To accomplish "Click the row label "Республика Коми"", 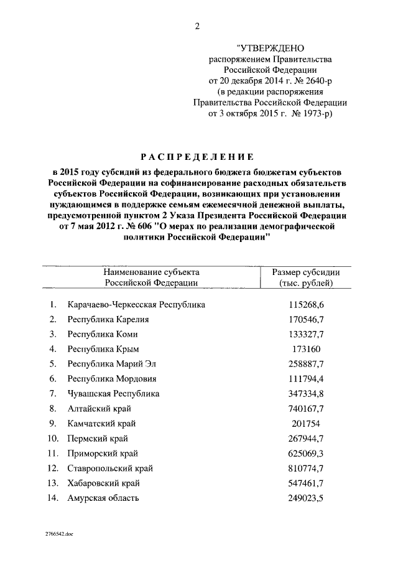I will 98,334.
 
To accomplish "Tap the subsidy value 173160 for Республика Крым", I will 304,349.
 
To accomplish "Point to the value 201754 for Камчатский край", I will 304,424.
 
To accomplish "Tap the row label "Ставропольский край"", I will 110,468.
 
